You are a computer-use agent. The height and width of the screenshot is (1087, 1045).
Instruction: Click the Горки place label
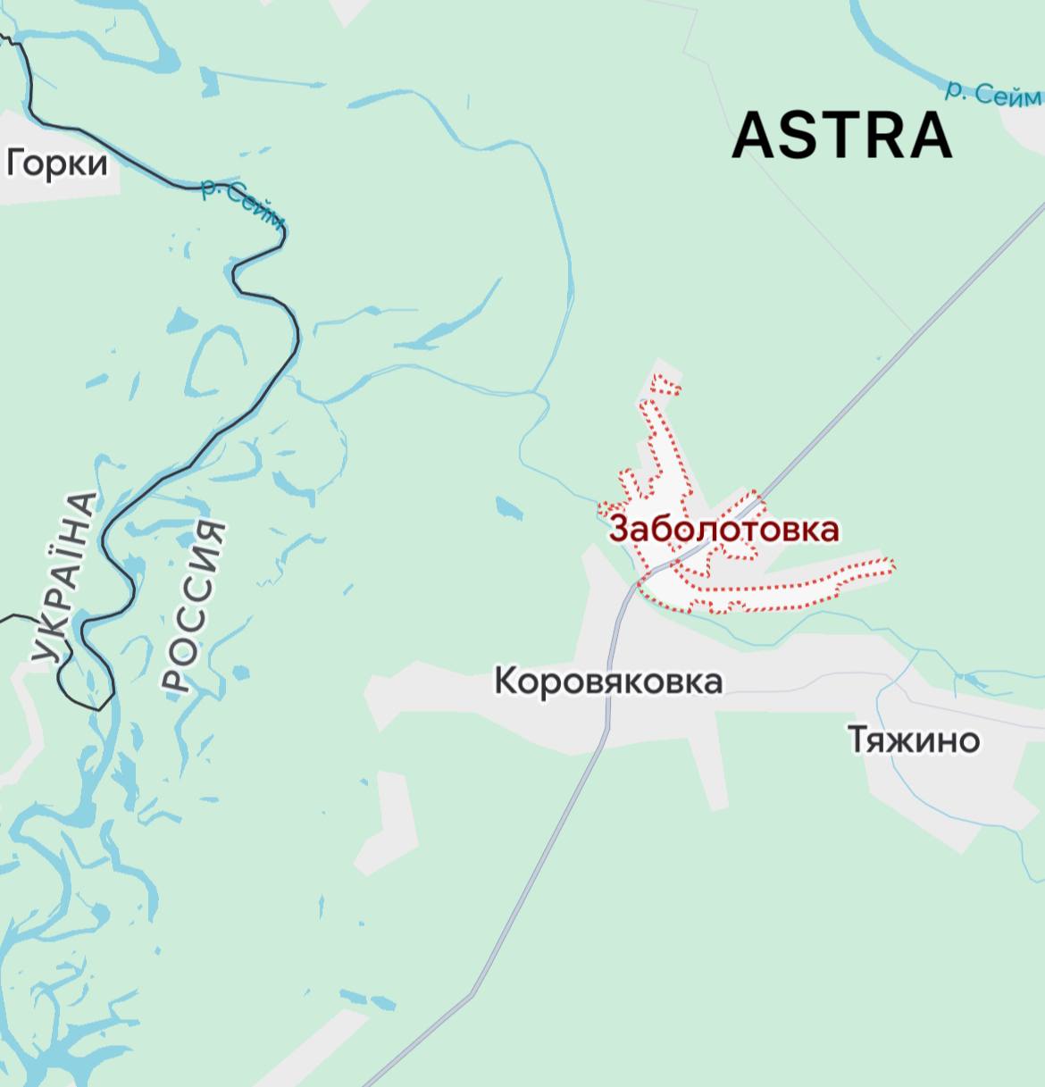[x=57, y=163]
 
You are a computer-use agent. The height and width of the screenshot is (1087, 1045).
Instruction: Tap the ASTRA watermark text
[x=842, y=136]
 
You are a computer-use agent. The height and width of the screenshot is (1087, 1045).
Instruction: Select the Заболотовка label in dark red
[x=723, y=529]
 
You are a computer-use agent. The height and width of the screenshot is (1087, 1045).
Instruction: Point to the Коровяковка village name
[x=608, y=681]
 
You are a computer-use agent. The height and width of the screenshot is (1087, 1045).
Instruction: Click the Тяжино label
[x=913, y=740]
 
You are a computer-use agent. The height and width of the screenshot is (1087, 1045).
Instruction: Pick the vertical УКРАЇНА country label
[x=63, y=580]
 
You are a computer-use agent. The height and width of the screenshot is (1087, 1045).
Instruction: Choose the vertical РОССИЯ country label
[x=193, y=606]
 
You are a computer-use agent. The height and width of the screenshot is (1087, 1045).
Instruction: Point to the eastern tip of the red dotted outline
[x=892, y=564]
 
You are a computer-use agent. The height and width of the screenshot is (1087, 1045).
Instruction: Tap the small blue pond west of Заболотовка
[x=509, y=508]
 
